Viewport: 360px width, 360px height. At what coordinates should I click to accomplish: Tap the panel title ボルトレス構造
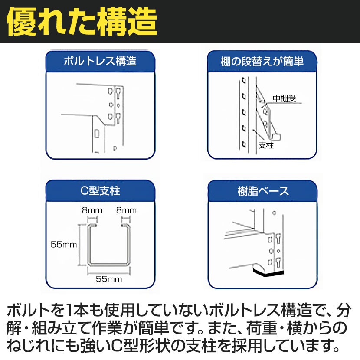(x=100, y=61)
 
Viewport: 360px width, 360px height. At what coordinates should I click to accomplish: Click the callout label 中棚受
(x=284, y=98)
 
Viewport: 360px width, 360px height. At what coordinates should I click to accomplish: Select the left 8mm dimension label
(x=92, y=211)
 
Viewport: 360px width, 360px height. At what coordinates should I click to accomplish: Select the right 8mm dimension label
(x=126, y=211)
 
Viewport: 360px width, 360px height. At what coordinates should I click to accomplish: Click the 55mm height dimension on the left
(x=63, y=245)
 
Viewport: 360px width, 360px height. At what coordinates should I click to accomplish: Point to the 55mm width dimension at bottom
(x=109, y=279)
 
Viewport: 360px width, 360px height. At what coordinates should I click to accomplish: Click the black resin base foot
(x=268, y=273)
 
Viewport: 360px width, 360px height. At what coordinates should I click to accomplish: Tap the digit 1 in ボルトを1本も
(x=73, y=311)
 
